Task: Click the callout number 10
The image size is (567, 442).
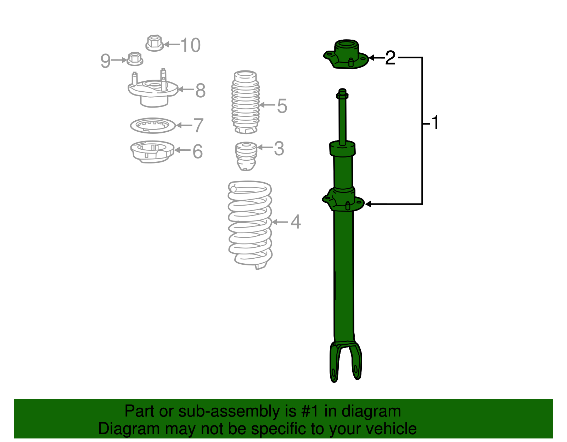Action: point(191,45)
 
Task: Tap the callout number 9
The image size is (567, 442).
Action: point(105,61)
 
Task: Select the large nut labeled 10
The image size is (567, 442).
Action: point(155,43)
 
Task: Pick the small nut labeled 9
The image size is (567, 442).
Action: point(135,59)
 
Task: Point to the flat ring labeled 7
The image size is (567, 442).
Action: point(153,125)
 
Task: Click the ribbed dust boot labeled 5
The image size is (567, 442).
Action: point(245,103)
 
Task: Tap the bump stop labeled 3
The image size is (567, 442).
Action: point(246,155)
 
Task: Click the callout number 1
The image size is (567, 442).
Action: point(436,123)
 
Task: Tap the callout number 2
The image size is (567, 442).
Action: point(390,58)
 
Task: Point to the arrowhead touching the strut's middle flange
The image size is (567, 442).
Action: point(368,204)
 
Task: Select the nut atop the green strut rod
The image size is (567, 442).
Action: point(342,94)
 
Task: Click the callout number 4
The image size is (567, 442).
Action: point(296,222)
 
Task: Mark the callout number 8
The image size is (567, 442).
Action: point(200,91)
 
